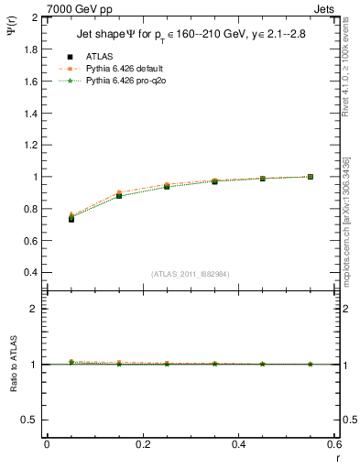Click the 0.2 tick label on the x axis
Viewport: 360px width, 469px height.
click(x=143, y=444)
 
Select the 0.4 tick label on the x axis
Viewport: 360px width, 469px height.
click(x=238, y=444)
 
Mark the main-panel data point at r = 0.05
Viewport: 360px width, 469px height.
click(x=71, y=218)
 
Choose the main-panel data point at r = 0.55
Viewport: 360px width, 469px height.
click(x=310, y=177)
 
